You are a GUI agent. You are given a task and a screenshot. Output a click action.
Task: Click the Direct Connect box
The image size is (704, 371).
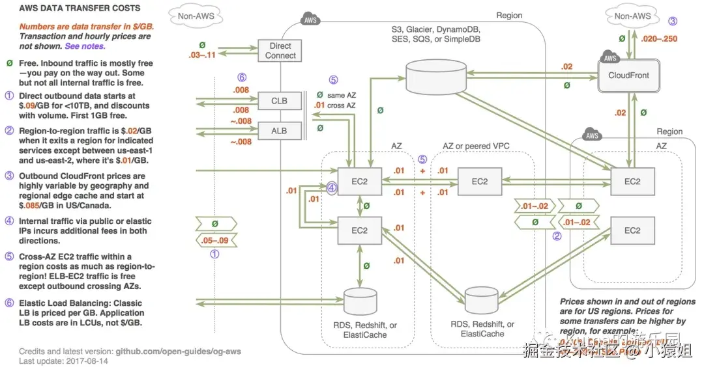pos(280,51)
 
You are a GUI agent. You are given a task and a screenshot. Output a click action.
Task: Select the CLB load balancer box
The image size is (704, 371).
pos(279,102)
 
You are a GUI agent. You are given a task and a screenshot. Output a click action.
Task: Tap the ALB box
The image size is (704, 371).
pos(279,130)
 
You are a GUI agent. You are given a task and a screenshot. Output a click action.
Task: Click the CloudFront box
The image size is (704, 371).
pos(628,75)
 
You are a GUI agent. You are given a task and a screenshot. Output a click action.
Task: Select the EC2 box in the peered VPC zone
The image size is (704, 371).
pos(479,182)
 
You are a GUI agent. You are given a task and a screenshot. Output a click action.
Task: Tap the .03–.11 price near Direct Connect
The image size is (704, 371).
pos(203,57)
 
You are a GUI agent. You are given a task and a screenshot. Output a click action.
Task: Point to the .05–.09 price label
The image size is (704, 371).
pos(214,240)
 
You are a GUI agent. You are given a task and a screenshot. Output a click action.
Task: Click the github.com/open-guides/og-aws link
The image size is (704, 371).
pos(178,351)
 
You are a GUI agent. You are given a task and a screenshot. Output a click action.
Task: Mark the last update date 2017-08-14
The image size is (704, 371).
pos(90,361)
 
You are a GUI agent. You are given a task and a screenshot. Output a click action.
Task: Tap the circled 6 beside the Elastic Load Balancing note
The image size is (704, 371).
pos(8,303)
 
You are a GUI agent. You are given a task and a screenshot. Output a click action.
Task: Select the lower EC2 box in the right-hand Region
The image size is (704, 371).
pos(632,231)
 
